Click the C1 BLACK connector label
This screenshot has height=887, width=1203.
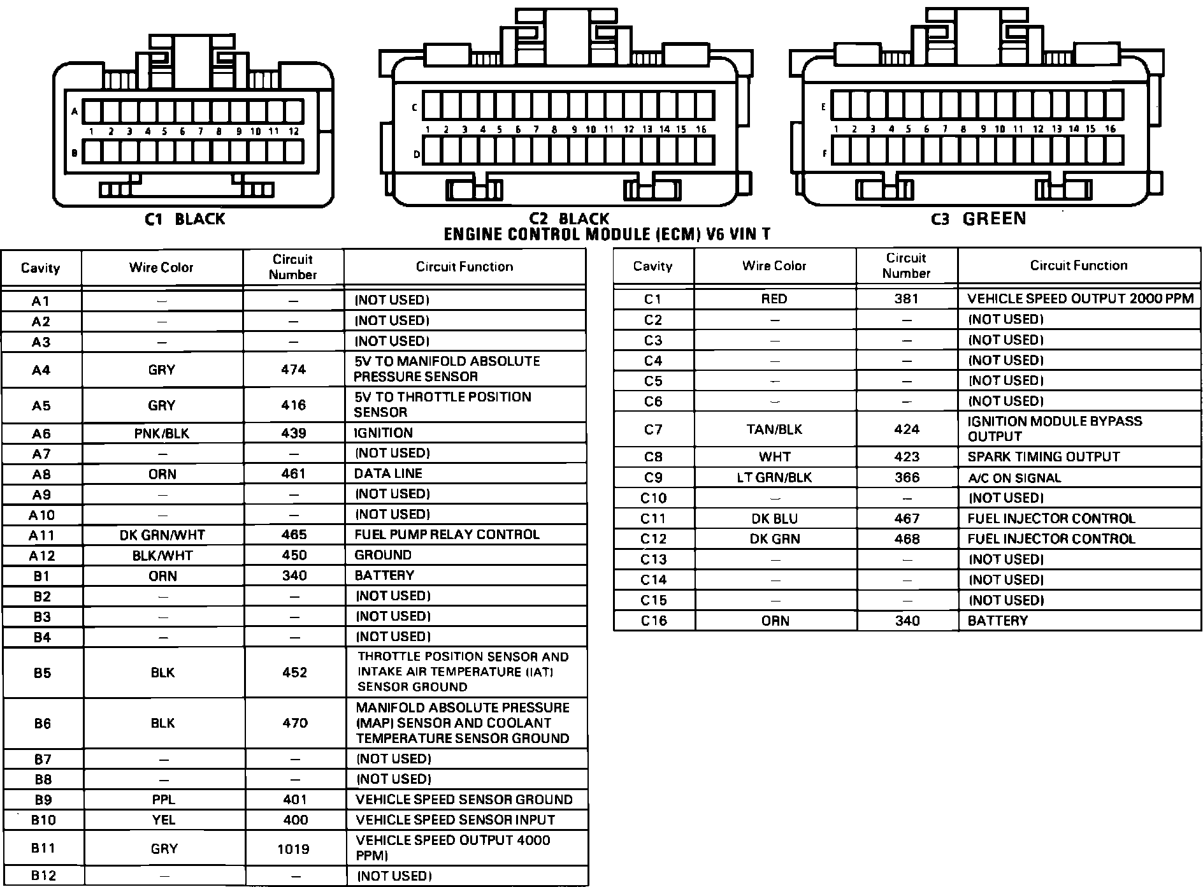pyautogui.click(x=185, y=219)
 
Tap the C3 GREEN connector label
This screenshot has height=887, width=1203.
pyautogui.click(x=978, y=219)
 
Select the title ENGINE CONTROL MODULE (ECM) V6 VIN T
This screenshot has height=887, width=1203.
pyautogui.click(x=607, y=234)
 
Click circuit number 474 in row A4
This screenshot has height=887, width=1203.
pyautogui.click(x=293, y=370)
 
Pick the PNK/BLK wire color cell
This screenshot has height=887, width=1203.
pyautogui.click(x=162, y=433)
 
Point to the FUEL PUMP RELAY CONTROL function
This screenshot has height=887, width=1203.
pyautogui.click(x=447, y=535)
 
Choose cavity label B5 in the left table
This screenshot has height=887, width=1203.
pyautogui.click(x=42, y=673)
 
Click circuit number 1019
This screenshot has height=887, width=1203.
pyautogui.click(x=294, y=849)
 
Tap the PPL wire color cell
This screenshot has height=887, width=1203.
pyautogui.click(x=163, y=800)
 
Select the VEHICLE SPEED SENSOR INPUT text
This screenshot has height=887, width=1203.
pyautogui.click(x=455, y=820)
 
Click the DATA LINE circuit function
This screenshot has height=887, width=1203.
pyautogui.click(x=388, y=473)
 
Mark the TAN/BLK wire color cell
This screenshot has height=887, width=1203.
pyautogui.click(x=775, y=429)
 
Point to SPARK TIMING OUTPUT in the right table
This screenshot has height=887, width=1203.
pyautogui.click(x=1043, y=457)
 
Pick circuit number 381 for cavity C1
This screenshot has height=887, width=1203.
pyautogui.click(x=906, y=299)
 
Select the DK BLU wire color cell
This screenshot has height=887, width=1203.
pyautogui.click(x=774, y=519)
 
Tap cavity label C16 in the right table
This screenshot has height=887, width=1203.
pyautogui.click(x=654, y=621)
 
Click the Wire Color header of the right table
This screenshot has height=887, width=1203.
pyautogui.click(x=774, y=266)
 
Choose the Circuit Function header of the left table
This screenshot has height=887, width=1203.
pyautogui.click(x=464, y=266)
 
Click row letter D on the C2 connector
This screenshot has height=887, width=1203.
pyautogui.click(x=417, y=154)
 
